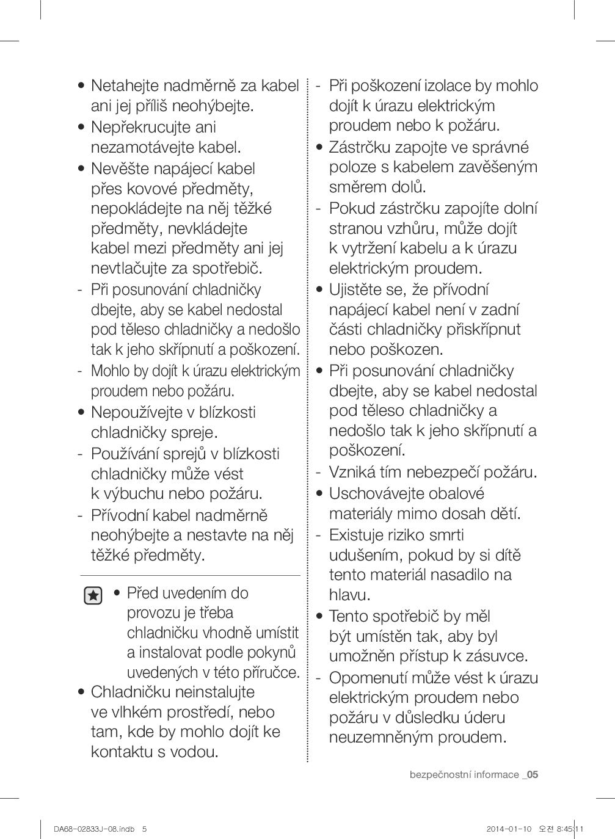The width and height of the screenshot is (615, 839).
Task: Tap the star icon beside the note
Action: [93, 595]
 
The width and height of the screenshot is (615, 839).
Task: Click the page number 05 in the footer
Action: [532, 775]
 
